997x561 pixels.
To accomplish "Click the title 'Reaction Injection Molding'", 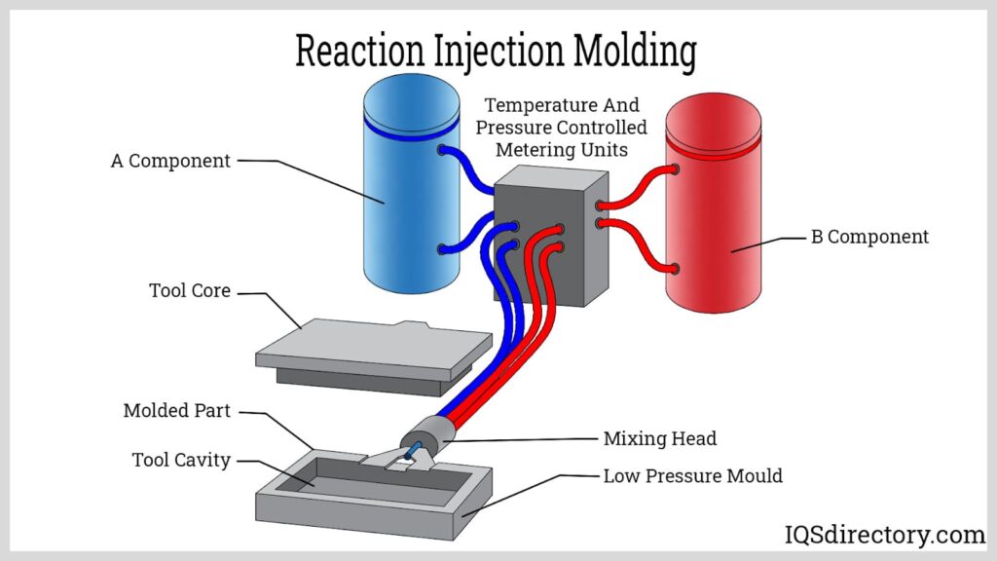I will pyautogui.click(x=496, y=51).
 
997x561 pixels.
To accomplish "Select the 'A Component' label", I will pyautogui.click(x=170, y=162).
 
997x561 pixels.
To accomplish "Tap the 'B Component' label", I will pyautogui.click(x=869, y=237).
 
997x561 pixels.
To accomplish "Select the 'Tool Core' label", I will pyautogui.click(x=190, y=291).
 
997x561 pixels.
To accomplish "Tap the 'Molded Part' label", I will pyautogui.click(x=177, y=411).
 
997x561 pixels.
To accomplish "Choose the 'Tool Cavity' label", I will pyautogui.click(x=181, y=460).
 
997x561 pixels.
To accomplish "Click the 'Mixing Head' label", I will pyautogui.click(x=659, y=439).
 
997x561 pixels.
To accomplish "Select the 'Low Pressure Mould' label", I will pyautogui.click(x=692, y=476).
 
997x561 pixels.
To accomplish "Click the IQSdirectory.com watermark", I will pyautogui.click(x=885, y=535).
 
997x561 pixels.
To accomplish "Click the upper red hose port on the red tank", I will pyautogui.click(x=673, y=169).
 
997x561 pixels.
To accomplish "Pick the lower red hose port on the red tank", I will pyautogui.click(x=673, y=268).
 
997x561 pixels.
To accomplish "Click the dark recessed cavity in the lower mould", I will pyautogui.click(x=321, y=476).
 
